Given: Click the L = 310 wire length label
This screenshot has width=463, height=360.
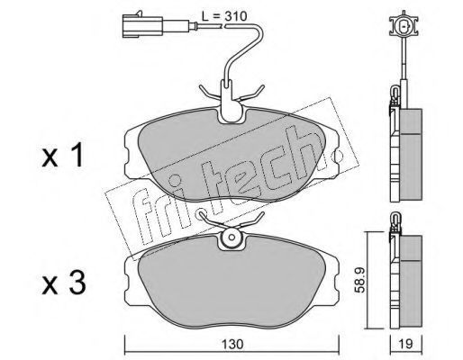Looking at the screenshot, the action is coord(224,16).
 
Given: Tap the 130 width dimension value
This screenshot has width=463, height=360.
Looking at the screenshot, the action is coord(232,344).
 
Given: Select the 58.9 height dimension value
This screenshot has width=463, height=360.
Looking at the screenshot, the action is coord(359,280).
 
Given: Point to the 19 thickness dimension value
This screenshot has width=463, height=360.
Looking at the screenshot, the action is coord(406,344).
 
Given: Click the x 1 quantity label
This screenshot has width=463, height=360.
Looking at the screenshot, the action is coord(62,157).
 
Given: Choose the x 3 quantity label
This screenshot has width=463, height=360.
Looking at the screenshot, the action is coord(64,283).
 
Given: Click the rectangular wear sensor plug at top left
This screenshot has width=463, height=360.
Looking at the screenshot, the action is coord(142,27).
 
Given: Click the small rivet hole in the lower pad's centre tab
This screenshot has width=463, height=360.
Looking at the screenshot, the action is coord(231,237).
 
